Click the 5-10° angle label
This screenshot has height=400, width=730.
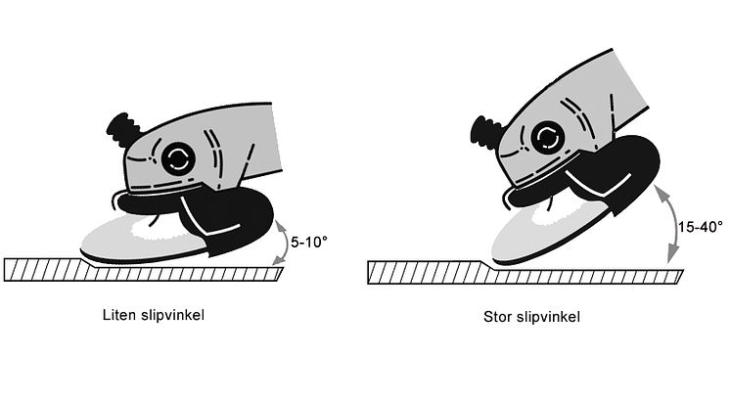309,243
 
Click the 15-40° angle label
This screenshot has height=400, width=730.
700,228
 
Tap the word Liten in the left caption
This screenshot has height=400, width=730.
118,315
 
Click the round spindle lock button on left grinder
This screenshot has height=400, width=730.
178,158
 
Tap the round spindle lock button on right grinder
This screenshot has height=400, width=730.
548,137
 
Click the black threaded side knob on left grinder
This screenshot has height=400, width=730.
122,130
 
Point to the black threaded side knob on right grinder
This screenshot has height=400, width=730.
487,132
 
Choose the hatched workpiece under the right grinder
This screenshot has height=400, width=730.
525,273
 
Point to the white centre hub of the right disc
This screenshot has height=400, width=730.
552,214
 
